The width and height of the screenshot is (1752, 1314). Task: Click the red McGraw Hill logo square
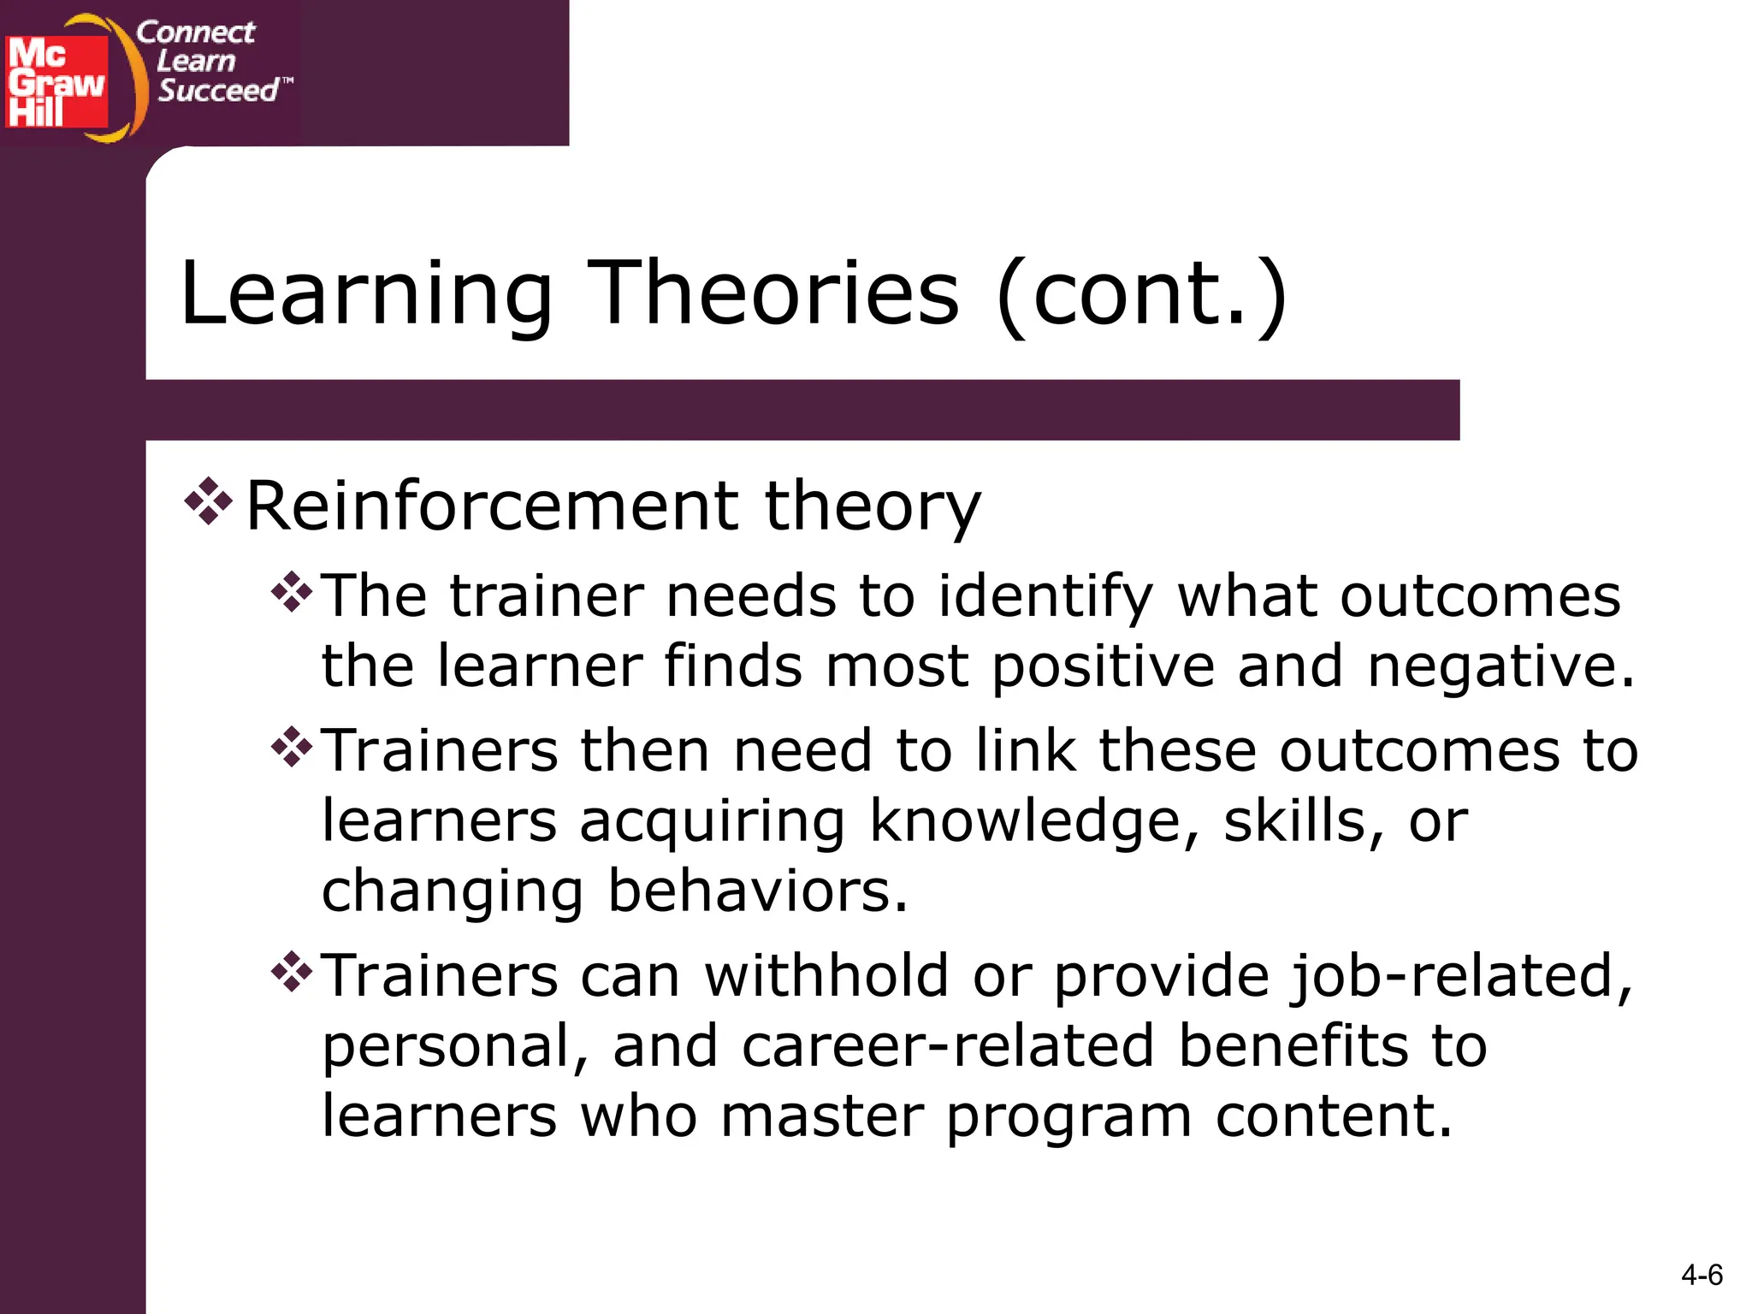[56, 81]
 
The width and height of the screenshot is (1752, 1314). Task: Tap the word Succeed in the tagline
[219, 90]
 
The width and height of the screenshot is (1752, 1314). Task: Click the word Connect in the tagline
[196, 32]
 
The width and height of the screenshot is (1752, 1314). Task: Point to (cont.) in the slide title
[1141, 295]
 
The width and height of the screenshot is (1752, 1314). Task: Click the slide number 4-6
[1702, 1276]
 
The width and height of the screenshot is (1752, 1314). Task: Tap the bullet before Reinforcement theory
[208, 501]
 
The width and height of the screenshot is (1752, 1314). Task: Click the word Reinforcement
[493, 506]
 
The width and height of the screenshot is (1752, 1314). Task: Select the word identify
[1045, 597]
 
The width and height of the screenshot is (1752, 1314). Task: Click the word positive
[1104, 668]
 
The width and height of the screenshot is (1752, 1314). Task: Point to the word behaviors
[757, 891]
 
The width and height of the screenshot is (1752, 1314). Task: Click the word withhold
[826, 976]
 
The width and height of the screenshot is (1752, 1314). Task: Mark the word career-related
[948, 1047]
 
